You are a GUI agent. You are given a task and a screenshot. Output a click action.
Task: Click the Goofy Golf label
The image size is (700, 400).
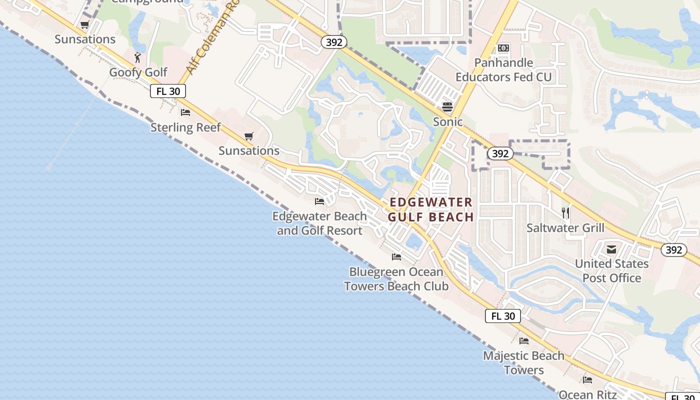(x=138, y=72)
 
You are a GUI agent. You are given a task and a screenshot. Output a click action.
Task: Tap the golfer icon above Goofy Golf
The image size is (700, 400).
(x=137, y=57)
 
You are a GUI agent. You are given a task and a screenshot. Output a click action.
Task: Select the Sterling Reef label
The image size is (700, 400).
(x=185, y=127)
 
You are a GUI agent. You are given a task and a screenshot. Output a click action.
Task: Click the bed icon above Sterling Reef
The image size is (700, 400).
(x=185, y=112)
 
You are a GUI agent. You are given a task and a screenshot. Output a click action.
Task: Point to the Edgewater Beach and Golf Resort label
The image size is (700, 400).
(x=319, y=223)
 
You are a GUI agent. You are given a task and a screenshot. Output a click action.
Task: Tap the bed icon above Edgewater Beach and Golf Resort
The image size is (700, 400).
(x=319, y=201)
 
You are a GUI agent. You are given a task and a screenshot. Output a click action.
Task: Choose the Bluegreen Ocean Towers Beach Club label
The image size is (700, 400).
(x=396, y=279)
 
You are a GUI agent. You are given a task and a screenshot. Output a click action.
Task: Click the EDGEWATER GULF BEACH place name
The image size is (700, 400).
(x=430, y=209)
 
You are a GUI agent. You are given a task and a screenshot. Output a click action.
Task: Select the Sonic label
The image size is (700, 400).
(x=447, y=121)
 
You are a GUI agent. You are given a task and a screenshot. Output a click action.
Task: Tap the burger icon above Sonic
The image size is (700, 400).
(x=447, y=106)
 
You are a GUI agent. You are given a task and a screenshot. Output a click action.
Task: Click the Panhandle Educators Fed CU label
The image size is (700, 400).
(x=503, y=70)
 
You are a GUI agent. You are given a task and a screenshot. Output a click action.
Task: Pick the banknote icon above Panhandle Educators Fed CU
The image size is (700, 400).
(x=503, y=48)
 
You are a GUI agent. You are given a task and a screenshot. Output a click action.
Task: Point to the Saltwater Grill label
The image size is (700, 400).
(x=565, y=228)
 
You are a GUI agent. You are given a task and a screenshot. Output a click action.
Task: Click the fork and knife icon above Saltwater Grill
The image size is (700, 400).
(x=565, y=213)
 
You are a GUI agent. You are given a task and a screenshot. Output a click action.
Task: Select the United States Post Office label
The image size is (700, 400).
(x=611, y=270)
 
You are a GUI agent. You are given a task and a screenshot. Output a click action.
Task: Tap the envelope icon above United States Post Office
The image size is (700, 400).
(x=611, y=249)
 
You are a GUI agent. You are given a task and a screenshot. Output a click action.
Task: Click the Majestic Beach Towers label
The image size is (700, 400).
(x=523, y=363)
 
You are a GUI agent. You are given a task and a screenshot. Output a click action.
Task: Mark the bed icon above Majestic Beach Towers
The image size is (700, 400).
(x=524, y=341)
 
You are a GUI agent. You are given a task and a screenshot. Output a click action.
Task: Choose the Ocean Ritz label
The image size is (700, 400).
(x=587, y=394)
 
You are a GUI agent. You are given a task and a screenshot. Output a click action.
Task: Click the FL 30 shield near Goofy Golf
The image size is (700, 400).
(x=168, y=91)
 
